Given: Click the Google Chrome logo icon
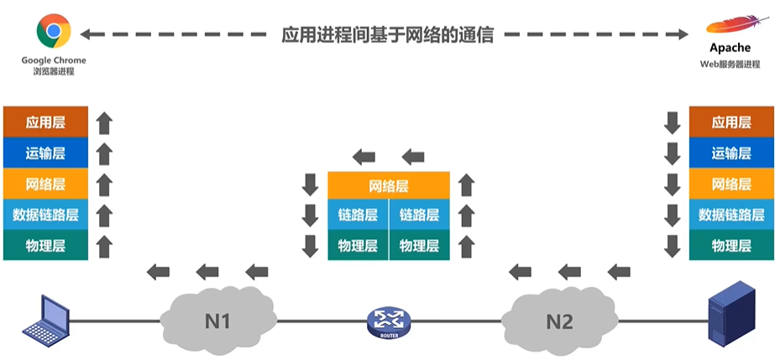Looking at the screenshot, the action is coord(54,31).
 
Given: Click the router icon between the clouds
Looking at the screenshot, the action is coord(389,323).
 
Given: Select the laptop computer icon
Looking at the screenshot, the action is coord(47,320).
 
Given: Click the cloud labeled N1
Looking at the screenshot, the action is coord(218,320).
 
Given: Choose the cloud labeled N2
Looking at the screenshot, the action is coord(560,320).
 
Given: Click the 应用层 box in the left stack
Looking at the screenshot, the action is coord(45,122).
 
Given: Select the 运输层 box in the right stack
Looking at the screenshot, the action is coord(731,154).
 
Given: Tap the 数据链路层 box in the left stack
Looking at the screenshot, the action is coord(45,215).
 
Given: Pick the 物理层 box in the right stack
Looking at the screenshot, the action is coord(731,245).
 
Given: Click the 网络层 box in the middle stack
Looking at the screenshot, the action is coord(389,186).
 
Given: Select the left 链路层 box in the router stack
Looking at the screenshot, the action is coord(359,215).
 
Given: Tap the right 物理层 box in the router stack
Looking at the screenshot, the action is coord(419,245).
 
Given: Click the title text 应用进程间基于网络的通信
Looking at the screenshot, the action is coord(388,34).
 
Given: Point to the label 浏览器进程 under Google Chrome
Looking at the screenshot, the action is coord(54,71).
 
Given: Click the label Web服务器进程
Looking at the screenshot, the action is coord(730,64).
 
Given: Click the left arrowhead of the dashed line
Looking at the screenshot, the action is coord(85,34).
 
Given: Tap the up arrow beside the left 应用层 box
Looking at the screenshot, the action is coord(104,123).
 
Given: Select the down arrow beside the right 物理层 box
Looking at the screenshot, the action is coord(672,247).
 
